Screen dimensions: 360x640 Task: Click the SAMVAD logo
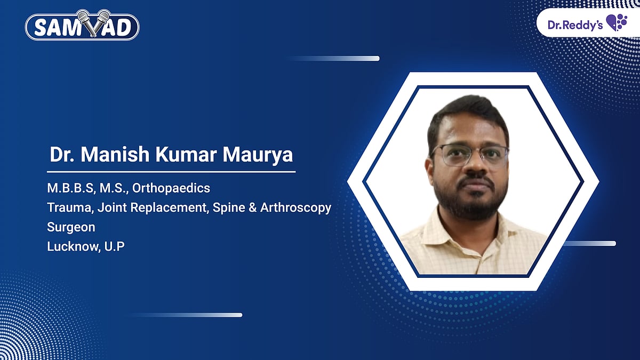point(82,27)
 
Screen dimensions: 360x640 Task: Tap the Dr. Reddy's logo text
point(575,24)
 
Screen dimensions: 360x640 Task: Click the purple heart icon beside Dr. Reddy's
point(617,23)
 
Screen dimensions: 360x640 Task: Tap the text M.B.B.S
point(66,188)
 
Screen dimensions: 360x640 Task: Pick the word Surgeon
point(71,227)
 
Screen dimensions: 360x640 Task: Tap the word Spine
point(228,207)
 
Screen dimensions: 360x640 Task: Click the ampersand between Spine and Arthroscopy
point(251,207)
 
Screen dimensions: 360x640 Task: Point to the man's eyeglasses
point(470,155)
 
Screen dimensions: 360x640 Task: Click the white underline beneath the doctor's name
point(171,172)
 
